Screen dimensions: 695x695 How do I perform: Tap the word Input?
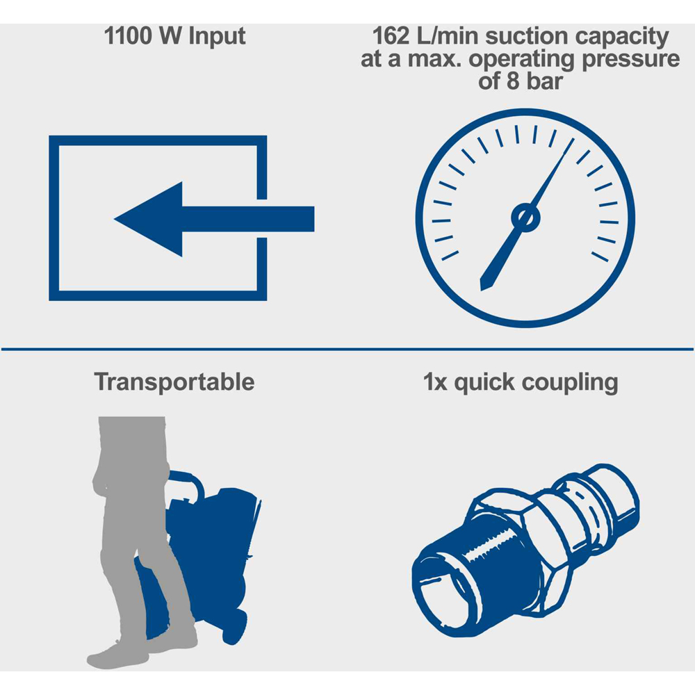[217, 37]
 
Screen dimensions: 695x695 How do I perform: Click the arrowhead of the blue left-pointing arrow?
[149, 219]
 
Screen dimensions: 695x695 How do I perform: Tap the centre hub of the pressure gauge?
[525, 218]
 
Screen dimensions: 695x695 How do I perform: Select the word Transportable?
[174, 382]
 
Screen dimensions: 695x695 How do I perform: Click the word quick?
[484, 383]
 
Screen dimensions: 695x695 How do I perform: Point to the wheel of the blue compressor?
[235, 626]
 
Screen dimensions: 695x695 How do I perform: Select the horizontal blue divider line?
[347, 350]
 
